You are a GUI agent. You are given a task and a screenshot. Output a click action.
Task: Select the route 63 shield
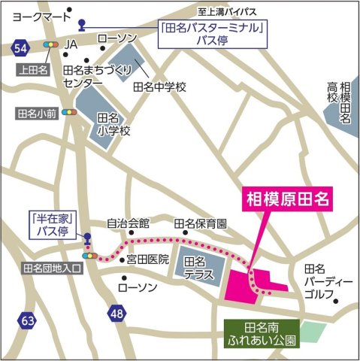(x=28, y=321)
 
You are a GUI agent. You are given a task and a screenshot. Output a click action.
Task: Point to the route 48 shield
(x=116, y=313)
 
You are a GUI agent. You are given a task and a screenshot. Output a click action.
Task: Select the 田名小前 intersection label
(x=36, y=114)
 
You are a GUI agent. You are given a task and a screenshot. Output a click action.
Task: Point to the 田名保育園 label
(x=200, y=223)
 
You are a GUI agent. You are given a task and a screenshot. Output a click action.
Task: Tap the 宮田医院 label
(x=147, y=260)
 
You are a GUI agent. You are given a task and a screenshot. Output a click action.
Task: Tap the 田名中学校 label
(x=159, y=86)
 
